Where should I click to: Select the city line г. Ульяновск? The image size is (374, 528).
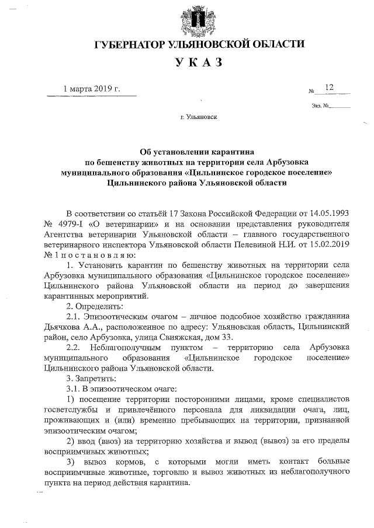coord(199,117)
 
